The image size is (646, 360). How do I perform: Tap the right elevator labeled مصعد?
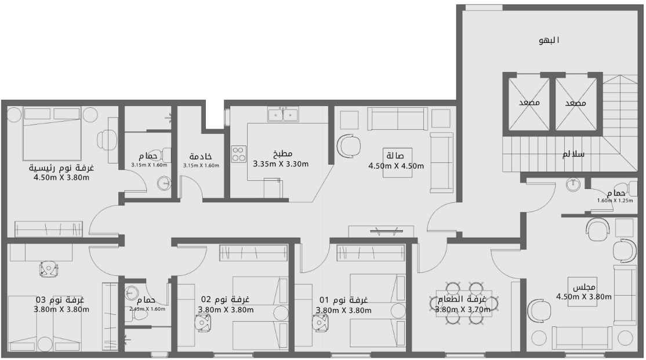pos(576,103)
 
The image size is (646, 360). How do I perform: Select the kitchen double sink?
pos(282,114)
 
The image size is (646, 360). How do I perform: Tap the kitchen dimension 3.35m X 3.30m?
pos(280,164)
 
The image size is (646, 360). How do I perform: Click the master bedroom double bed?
pos(52,134)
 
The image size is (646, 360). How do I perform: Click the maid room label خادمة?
pos(201,157)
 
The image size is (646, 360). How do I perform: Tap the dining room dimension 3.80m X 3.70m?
pos(463,310)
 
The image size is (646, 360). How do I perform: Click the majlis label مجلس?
pos(580,288)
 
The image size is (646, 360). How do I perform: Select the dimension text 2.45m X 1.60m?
pos(147,309)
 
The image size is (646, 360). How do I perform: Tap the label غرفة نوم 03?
pos(60,300)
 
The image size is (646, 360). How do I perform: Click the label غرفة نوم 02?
pos(225,300)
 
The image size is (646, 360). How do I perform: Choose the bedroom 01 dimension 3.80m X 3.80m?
pos(343,310)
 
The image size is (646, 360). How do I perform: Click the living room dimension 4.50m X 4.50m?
pos(395,166)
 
